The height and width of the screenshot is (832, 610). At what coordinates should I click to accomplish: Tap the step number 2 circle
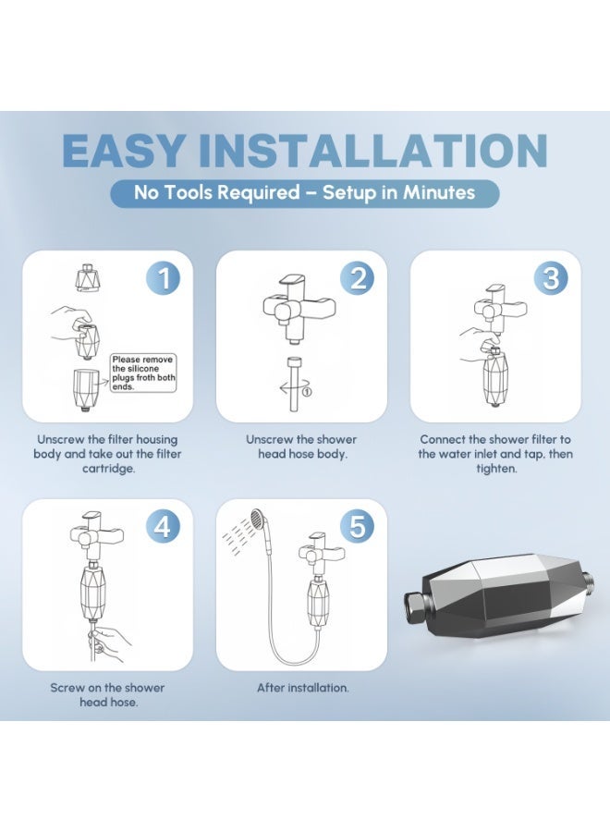coord(358,278)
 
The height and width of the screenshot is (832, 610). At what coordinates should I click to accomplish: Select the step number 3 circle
coord(552,278)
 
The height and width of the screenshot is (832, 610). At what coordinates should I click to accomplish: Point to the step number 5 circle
coord(358,527)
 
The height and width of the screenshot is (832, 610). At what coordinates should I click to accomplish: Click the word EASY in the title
coord(125,151)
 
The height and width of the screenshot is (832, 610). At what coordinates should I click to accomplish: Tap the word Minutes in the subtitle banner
coord(439,192)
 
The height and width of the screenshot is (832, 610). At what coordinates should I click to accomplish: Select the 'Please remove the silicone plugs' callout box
coord(143,373)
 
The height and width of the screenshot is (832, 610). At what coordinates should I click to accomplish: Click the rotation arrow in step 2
coord(293,390)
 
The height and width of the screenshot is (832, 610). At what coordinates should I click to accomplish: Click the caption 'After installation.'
coord(303,688)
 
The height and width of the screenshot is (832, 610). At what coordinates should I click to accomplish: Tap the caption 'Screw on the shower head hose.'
coord(108,695)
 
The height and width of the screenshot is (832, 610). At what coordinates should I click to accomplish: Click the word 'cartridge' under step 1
coord(107,469)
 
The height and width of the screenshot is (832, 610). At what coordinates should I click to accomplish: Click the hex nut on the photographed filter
coord(418,607)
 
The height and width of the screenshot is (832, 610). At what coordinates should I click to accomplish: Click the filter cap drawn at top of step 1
coord(88,277)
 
